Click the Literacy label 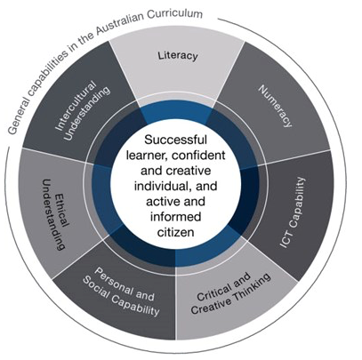[178, 55]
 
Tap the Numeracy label [275, 106]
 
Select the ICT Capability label [293, 212]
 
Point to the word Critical [214, 292]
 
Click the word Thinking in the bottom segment [252, 287]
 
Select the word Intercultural [76, 106]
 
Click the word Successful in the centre [176, 140]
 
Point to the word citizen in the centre [176, 232]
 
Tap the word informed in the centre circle [176, 217]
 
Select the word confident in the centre [198, 155]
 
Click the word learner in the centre [145, 155]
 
